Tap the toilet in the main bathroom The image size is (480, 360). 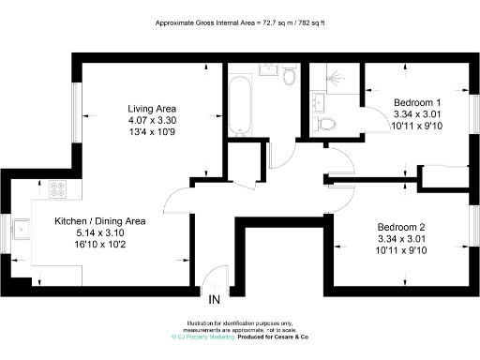pyautogui.click(x=289, y=75)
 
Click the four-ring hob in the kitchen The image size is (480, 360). pyautogui.click(x=57, y=189)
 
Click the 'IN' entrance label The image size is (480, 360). pyautogui.click(x=214, y=300)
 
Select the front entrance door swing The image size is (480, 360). pyautogui.click(x=216, y=276)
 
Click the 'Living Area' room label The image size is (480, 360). pyautogui.click(x=152, y=108)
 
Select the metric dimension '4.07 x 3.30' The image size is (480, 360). pyautogui.click(x=152, y=120)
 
